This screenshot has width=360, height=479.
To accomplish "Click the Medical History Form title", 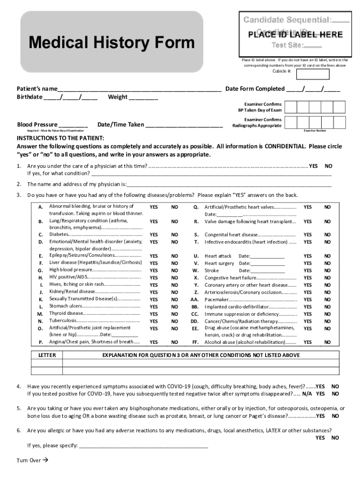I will (111, 43).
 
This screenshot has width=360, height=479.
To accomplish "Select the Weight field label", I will (118, 97).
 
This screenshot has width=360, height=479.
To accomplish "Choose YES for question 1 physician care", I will (314, 166).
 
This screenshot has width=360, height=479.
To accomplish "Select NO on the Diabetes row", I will (174, 235).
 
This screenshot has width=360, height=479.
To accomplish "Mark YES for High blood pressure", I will (153, 270).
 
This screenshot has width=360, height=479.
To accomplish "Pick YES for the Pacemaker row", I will (307, 299).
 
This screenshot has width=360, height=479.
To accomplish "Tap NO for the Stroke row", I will (327, 270).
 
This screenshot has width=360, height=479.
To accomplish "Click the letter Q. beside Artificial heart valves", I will (196, 207).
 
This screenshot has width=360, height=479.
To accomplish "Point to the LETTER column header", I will (47, 356).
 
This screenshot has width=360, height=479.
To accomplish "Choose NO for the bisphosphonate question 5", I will (335, 416).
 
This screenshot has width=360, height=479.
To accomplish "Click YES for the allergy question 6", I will (320, 438).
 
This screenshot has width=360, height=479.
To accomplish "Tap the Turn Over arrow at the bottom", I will (45, 460).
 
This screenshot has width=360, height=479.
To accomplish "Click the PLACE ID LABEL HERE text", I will (295, 35).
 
